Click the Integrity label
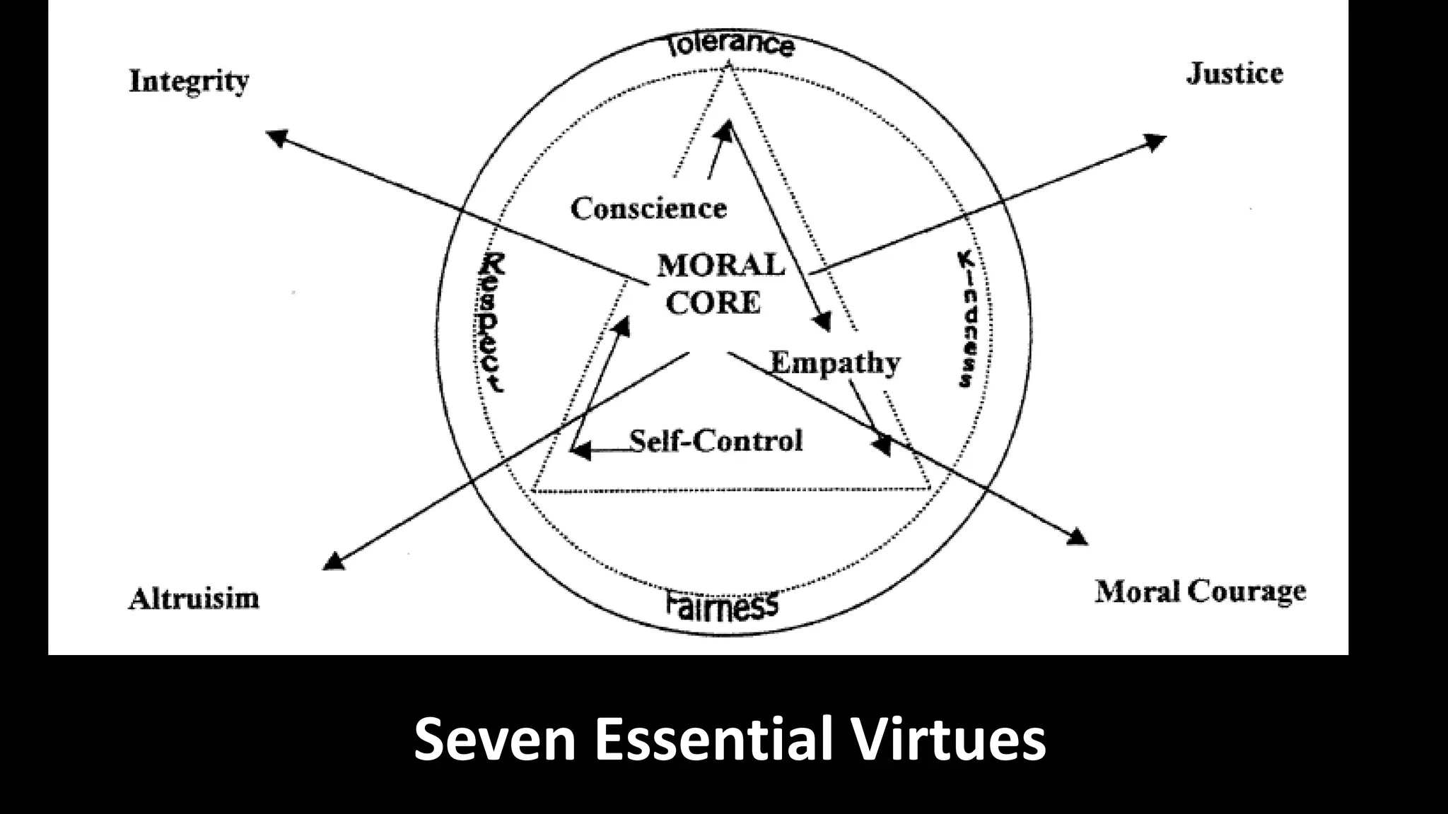(x=189, y=82)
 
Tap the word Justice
(x=1234, y=74)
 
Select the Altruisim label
(x=194, y=598)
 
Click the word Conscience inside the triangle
(x=648, y=208)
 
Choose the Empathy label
(x=835, y=363)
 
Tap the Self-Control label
(x=716, y=441)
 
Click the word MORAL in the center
(x=720, y=266)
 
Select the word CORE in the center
(x=713, y=302)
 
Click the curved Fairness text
(x=722, y=605)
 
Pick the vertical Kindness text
(x=967, y=319)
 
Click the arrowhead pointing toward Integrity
(x=276, y=137)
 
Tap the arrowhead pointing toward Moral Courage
(x=1076, y=537)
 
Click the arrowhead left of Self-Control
(x=580, y=450)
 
